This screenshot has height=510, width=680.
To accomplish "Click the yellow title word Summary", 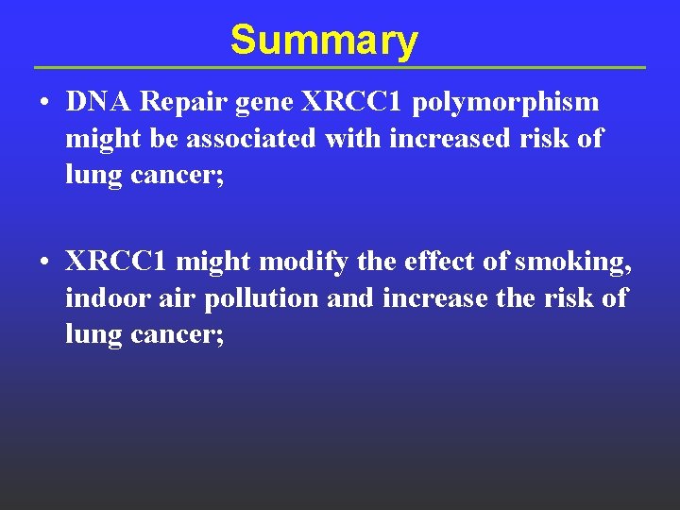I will [x=323, y=41].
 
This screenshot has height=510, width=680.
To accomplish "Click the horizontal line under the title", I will [x=340, y=68].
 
